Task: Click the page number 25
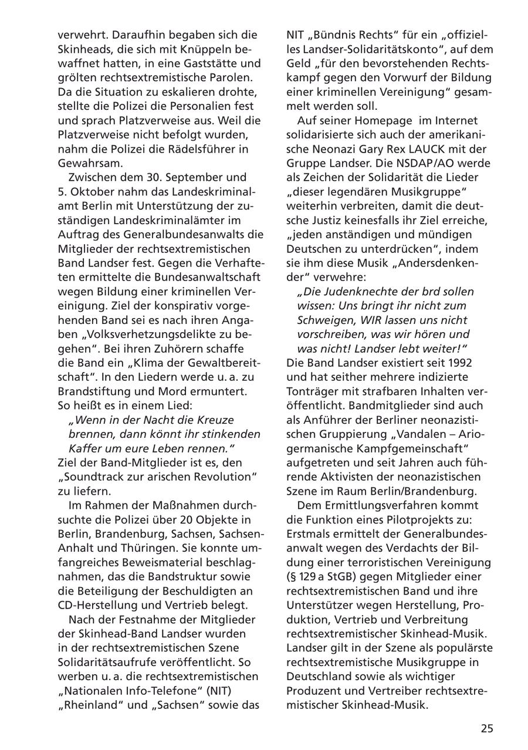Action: point(487,728)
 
